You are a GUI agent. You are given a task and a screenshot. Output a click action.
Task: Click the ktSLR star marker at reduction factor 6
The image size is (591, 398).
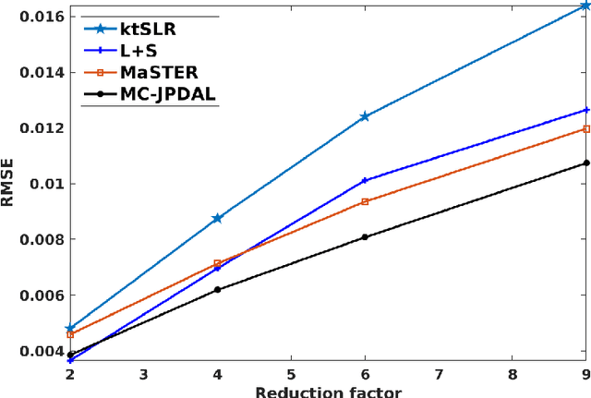click(x=365, y=116)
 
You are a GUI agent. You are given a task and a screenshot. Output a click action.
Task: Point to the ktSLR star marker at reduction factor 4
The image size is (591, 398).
click(x=217, y=218)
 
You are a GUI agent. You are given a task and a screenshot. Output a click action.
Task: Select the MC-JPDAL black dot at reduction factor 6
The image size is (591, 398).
click(x=365, y=237)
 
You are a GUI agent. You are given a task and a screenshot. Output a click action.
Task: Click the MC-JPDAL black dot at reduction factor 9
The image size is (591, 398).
click(x=585, y=163)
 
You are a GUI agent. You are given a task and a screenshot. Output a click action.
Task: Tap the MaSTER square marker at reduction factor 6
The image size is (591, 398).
click(x=365, y=201)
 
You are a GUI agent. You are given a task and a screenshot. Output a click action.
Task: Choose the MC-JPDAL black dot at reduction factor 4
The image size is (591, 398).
click(x=217, y=289)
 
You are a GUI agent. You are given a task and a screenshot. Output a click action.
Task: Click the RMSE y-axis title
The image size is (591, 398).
click(x=9, y=184)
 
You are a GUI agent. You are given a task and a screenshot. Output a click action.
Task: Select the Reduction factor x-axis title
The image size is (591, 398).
click(x=328, y=392)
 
